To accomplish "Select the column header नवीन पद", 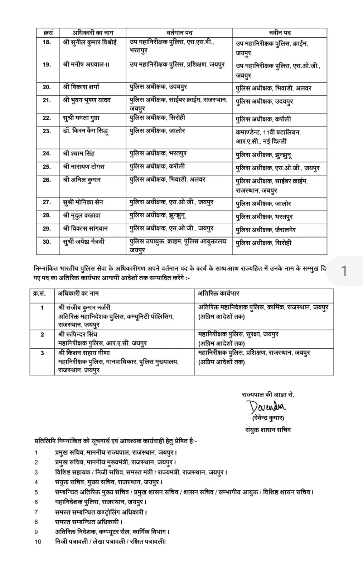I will click(280, 33).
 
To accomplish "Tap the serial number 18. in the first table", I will click(47, 42).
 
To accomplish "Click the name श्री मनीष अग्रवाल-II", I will click(86, 65).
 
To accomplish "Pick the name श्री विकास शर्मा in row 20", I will click(81, 87).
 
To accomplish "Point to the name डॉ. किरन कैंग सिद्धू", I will click(86, 131).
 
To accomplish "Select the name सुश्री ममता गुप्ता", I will click(81, 118).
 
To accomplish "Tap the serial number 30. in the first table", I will click(47, 242).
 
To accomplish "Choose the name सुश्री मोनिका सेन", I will click(83, 202).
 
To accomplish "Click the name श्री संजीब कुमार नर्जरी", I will click(84, 307).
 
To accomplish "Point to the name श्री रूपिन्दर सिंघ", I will click(78, 334).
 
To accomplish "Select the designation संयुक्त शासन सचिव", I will click(268, 430).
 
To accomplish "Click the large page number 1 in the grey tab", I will click(344, 271).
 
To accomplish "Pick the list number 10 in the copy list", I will click(38, 541).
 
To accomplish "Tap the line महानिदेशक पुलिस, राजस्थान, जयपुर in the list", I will click(101, 502).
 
